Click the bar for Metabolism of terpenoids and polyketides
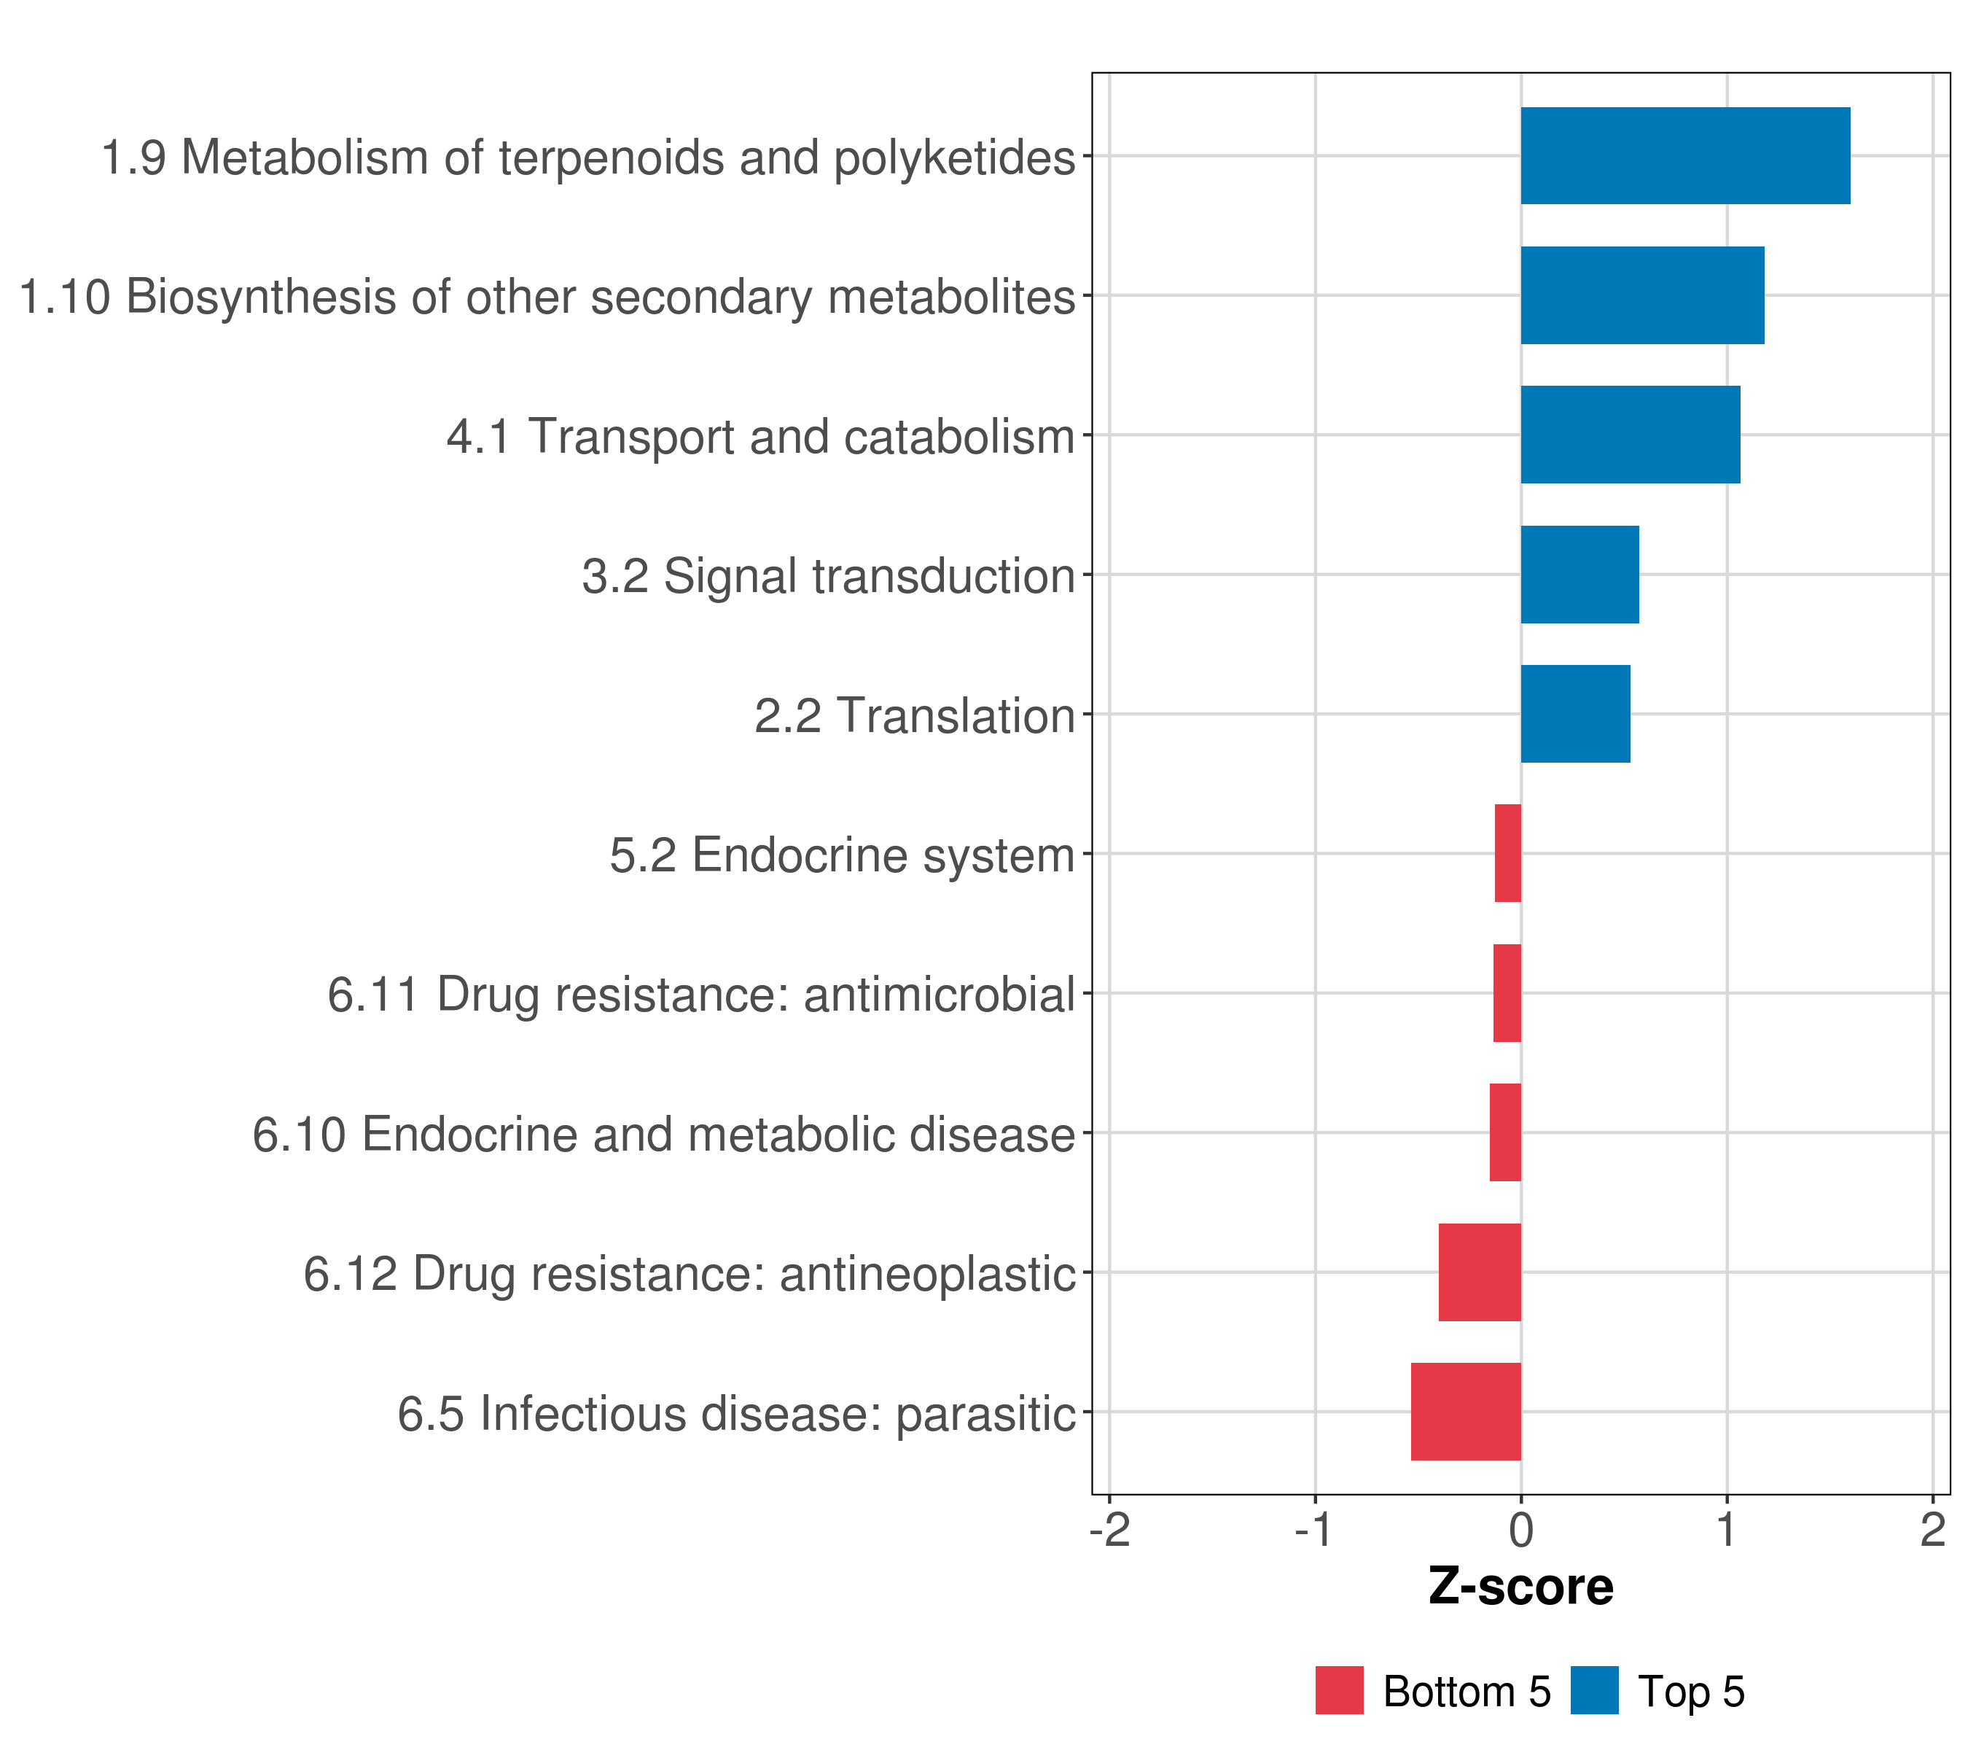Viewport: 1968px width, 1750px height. click(x=1685, y=156)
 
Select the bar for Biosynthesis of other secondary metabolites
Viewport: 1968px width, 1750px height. click(x=1641, y=296)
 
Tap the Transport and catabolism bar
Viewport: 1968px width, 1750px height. click(x=1630, y=435)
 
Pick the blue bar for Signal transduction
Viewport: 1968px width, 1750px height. click(x=1579, y=575)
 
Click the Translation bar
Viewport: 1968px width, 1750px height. click(x=1575, y=714)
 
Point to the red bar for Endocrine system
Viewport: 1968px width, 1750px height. click(x=1508, y=853)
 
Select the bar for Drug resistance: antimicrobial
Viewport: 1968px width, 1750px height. click(x=1507, y=993)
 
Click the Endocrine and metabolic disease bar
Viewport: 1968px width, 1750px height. click(x=1505, y=1132)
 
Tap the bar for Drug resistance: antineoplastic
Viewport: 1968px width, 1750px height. click(x=1480, y=1272)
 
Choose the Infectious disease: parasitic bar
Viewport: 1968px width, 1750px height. click(x=1465, y=1412)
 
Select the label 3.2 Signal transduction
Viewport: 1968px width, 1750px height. click(x=828, y=577)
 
